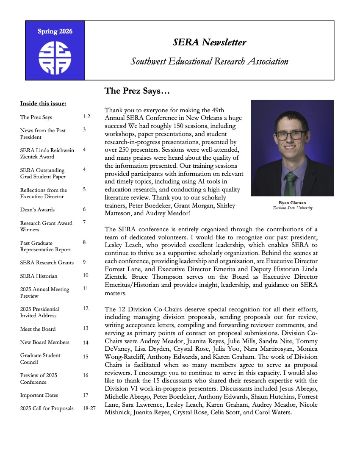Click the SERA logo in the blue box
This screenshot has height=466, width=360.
pos(55,58)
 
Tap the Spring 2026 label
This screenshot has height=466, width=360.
pos(55,32)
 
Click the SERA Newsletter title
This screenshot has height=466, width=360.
pos(209,42)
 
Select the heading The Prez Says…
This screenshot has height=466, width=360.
pos(137,91)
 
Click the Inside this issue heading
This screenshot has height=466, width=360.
pos(43,103)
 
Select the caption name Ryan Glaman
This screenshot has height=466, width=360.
pos(292,203)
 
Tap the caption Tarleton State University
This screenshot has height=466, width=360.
pos(292,208)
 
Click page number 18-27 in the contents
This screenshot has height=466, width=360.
pos(89,408)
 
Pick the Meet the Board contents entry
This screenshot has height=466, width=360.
pos(38,329)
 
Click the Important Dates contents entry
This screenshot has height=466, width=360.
pos(39,395)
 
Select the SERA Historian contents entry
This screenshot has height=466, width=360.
pos(39,276)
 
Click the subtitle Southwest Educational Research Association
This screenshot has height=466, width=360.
pos(209,62)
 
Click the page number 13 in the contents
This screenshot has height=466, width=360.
pos(86,328)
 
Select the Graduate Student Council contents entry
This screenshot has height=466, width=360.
pos(40,359)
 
